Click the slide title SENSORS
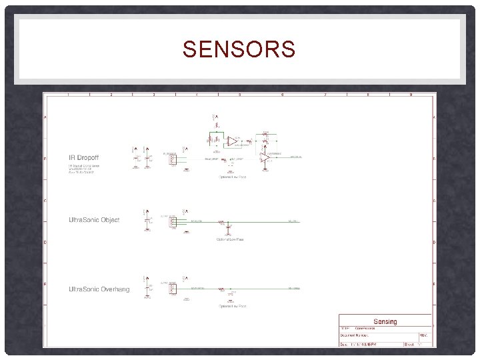click(239, 49)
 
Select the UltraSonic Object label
click(94, 220)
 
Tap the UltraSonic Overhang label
click(99, 289)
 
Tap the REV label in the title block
click(423, 335)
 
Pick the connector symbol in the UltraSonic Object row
click(173, 222)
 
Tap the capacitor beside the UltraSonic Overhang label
click(147, 288)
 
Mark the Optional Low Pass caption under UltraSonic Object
click(229, 239)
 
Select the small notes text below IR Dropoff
click(82, 169)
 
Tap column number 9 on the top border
click(410, 95)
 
